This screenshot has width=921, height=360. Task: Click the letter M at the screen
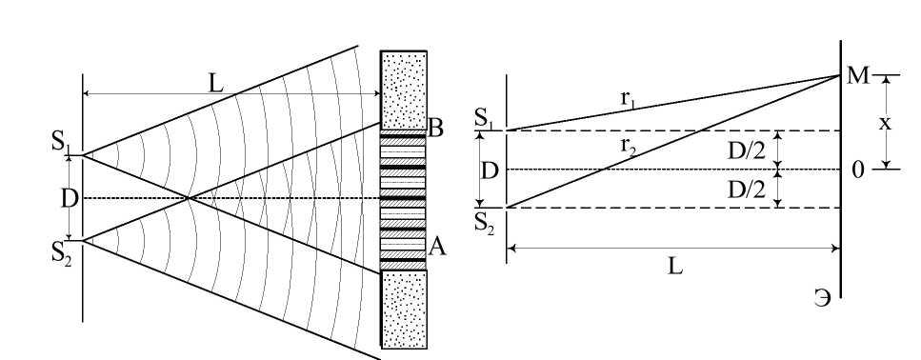(857, 76)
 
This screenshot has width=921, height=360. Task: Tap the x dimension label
(885, 123)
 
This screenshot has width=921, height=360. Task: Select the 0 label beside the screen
(857, 170)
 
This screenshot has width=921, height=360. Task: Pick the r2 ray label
(629, 145)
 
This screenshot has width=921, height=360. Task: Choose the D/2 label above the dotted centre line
(747, 150)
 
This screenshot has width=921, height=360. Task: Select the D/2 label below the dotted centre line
(747, 190)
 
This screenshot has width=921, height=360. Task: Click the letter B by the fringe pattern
(435, 129)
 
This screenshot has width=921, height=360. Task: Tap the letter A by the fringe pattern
(437, 248)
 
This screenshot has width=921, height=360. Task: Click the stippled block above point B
(404, 90)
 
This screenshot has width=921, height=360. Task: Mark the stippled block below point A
(404, 310)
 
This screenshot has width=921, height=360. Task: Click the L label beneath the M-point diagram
(675, 268)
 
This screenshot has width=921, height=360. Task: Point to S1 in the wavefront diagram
(62, 144)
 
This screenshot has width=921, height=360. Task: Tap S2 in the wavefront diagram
(62, 253)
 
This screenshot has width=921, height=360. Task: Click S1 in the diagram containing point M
(485, 119)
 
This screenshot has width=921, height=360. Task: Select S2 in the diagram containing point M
(485, 224)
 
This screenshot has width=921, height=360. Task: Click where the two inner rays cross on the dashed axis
(188, 198)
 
